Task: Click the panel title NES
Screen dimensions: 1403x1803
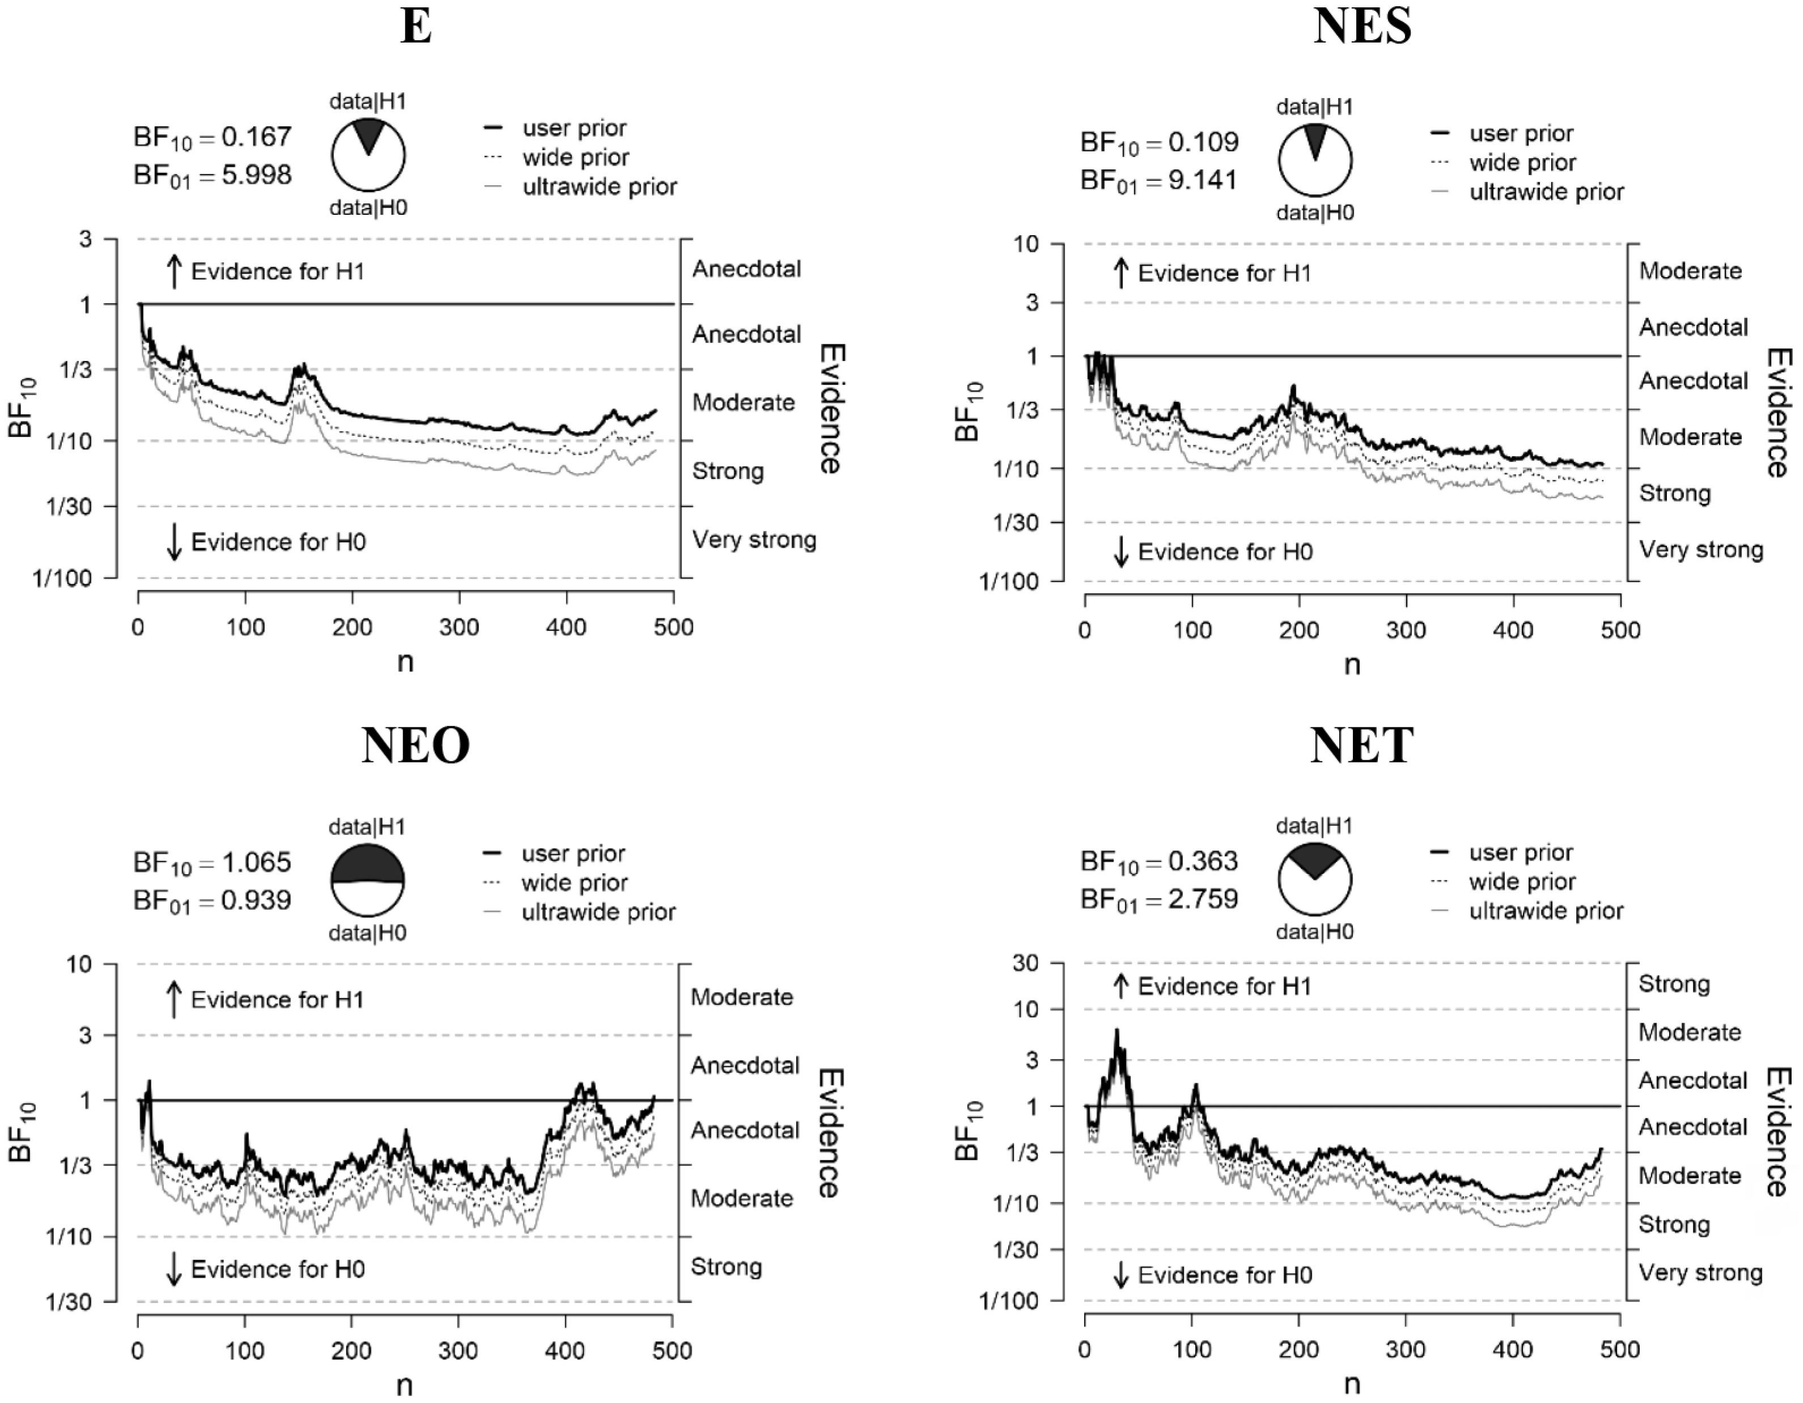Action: coord(1362,27)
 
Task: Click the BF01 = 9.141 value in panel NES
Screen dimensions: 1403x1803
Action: coord(1159,180)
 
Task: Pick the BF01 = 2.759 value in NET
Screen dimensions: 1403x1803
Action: coord(1159,898)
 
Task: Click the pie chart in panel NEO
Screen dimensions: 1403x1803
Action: coord(367,880)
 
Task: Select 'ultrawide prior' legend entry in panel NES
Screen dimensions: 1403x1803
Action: coord(1546,192)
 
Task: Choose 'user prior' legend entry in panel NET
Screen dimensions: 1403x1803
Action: coord(1521,853)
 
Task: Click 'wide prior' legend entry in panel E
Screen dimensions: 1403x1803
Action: coord(575,158)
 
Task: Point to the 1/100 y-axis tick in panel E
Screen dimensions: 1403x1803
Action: coord(63,579)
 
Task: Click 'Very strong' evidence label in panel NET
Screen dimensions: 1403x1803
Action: coord(1700,1273)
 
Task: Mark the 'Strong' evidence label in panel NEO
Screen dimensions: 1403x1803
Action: coord(726,1267)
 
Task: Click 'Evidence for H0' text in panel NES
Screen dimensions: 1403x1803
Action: coord(1225,552)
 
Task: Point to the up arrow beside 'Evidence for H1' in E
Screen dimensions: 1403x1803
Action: coord(173,272)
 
